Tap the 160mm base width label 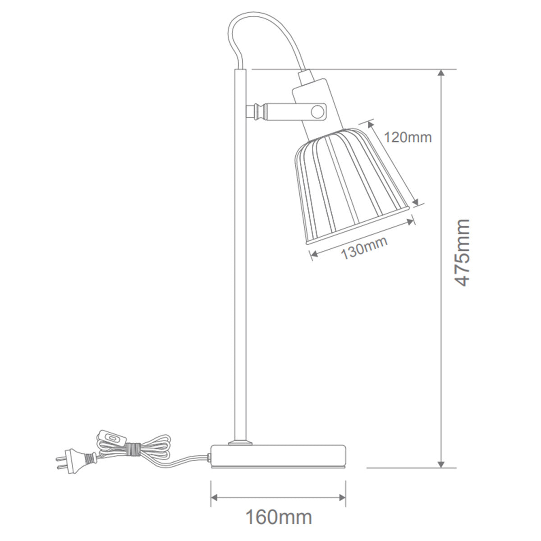tap(278, 517)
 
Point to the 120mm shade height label tap(408, 137)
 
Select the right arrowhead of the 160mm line tap(343, 498)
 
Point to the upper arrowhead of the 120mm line tap(371, 123)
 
